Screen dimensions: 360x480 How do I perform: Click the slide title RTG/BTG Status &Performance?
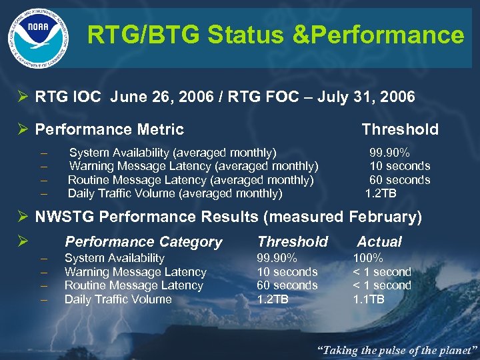point(275,35)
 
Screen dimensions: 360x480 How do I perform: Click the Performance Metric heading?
point(109,129)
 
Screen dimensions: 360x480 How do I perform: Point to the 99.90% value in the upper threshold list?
point(389,152)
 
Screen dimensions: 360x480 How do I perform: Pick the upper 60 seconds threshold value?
point(399,180)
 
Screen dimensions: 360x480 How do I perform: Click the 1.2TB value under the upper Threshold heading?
point(381,194)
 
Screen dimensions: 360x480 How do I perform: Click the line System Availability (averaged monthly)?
point(173,152)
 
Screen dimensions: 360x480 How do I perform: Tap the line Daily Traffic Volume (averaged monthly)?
point(175,194)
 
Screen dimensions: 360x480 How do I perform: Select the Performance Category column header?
point(143,242)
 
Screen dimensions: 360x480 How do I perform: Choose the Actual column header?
point(379,242)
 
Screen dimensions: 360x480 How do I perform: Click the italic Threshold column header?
point(293,242)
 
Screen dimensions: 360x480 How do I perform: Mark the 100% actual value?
point(367,258)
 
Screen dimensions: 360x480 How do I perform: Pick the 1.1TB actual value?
point(368,299)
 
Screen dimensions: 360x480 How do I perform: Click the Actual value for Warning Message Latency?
point(381,272)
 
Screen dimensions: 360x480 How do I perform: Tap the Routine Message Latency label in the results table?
point(133,285)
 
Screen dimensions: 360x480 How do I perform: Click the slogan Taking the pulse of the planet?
point(396,349)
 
